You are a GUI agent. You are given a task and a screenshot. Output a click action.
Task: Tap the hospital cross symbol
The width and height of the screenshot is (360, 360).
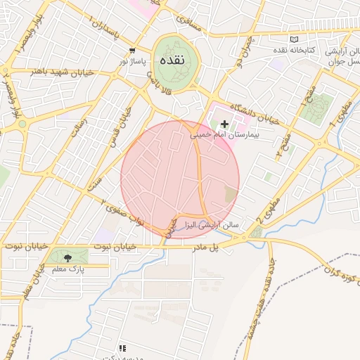click(x=224, y=124)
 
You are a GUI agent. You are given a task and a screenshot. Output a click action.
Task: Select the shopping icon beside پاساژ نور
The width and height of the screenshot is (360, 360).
click(x=132, y=51)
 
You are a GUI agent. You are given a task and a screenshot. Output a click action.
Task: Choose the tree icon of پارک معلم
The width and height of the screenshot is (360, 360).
click(x=67, y=258)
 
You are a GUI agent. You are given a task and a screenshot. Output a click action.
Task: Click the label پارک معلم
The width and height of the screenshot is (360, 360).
click(x=69, y=269)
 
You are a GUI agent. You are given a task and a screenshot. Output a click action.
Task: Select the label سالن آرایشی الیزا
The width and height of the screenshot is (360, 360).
click(x=212, y=225)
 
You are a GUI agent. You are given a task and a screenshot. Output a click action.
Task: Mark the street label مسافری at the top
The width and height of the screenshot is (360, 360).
click(x=188, y=21)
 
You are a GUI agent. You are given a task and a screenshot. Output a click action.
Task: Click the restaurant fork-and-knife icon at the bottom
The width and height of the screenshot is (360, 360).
click(x=122, y=348)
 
